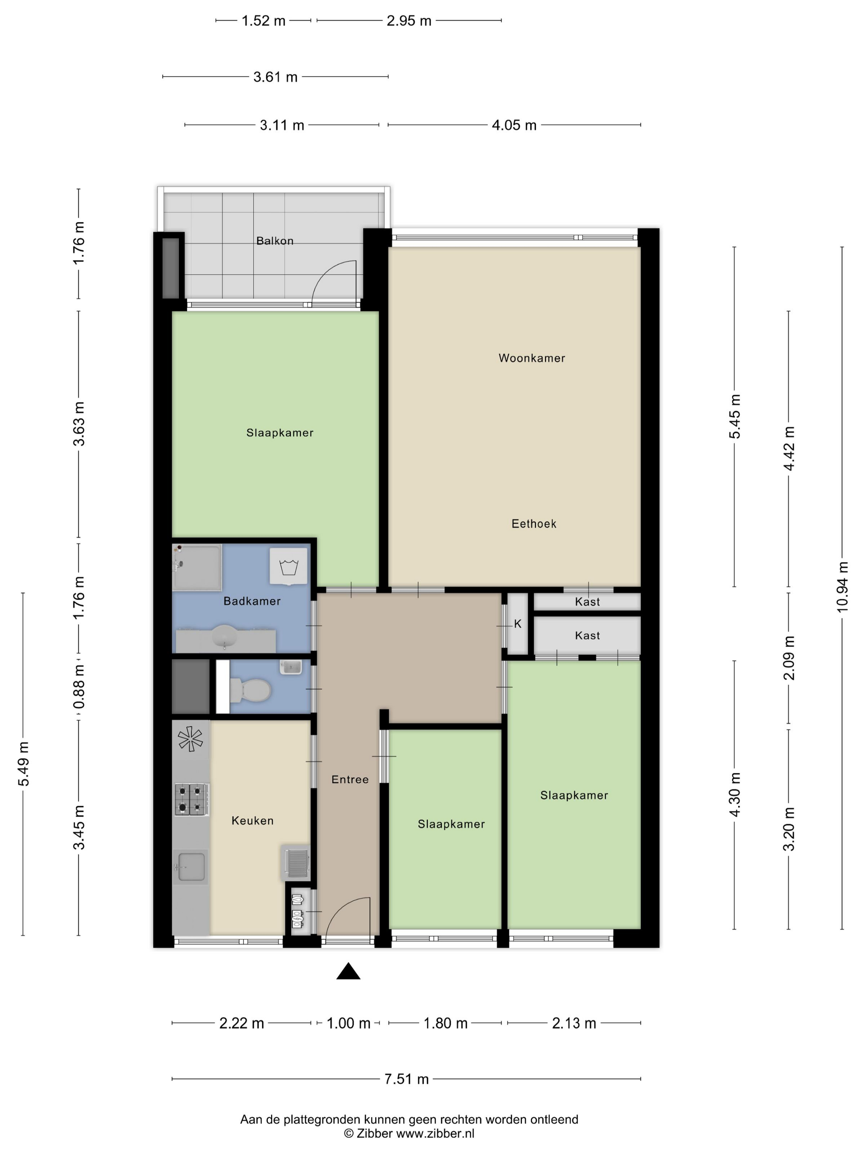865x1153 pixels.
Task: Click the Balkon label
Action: click(274, 241)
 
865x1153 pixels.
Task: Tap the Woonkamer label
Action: click(531, 358)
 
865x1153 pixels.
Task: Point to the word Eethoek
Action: click(533, 524)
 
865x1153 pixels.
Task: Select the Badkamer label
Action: click(252, 601)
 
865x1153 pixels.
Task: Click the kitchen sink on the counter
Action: click(191, 867)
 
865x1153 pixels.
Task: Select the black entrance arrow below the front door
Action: click(348, 971)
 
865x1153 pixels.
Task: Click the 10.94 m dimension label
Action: click(842, 587)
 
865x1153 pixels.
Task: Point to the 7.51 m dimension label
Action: click(406, 1079)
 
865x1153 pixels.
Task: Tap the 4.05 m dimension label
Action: click(514, 125)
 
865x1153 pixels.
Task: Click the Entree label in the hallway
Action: click(350, 780)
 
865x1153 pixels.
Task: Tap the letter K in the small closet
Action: click(518, 624)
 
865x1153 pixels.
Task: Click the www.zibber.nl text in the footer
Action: click(435, 1133)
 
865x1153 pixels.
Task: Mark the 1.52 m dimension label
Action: click(263, 21)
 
